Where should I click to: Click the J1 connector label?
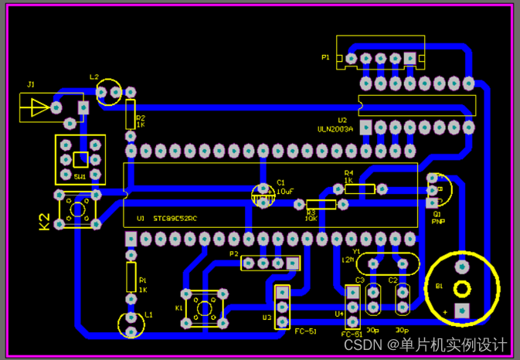pos(31,84)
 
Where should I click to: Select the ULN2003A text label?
pos(335,130)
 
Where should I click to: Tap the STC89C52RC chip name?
pos(175,219)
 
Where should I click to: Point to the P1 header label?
pos(325,58)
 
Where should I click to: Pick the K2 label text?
pos(45,222)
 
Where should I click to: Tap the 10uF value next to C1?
pos(284,190)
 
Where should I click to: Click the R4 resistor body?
pos(360,188)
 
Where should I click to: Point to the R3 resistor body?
pos(321,204)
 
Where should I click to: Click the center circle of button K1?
pos(205,308)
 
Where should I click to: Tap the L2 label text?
pos(94,77)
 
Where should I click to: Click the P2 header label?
pos(233,253)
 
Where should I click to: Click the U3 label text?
pos(266,317)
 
